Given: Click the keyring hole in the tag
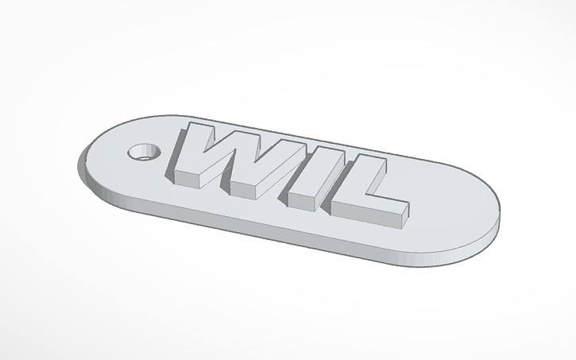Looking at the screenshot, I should click(144, 150).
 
